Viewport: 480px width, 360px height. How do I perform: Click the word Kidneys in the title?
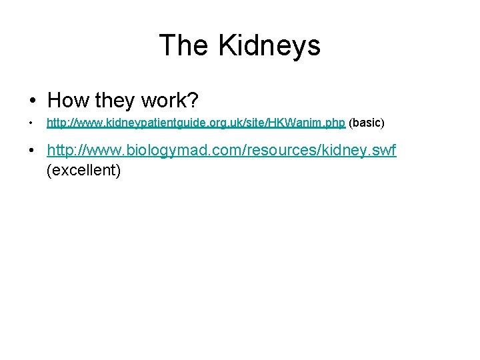pos(269,46)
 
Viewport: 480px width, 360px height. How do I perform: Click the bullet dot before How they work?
pos(33,101)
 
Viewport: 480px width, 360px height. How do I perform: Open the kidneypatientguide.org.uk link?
pos(195,123)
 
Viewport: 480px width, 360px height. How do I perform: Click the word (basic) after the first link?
pos(367,123)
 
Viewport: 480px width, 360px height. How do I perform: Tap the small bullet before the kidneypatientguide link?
pos(31,123)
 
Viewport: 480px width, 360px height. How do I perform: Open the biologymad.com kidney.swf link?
pos(221,151)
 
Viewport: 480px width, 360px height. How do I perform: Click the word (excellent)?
pos(83,171)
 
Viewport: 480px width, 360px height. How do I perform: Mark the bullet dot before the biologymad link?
pos(33,151)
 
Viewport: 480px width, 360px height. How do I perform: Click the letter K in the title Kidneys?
pos(225,46)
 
